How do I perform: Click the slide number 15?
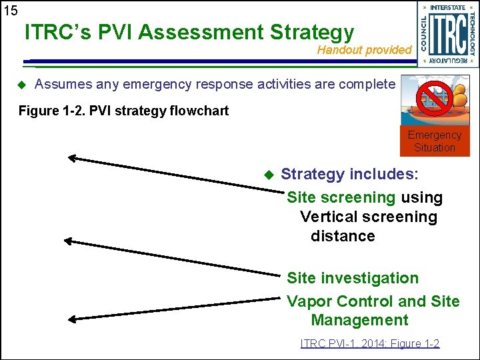(11, 10)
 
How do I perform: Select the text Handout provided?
(364, 50)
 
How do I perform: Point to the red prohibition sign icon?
(431, 97)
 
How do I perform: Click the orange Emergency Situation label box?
(435, 141)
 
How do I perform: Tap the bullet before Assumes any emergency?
(21, 85)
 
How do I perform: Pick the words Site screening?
(341, 198)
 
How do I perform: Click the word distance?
(343, 236)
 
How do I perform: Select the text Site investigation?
(353, 278)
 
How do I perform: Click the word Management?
(359, 320)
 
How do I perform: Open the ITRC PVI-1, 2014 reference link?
(370, 344)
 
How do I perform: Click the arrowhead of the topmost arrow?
(71, 158)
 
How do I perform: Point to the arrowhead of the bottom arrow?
(73, 319)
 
